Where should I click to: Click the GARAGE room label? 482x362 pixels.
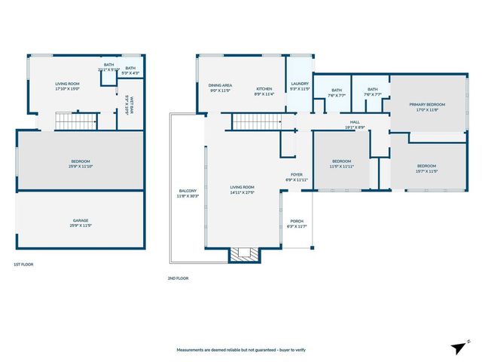(x=81, y=223)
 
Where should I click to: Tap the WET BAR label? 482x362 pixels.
(x=131, y=105)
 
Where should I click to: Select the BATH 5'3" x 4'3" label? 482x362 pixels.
(x=131, y=70)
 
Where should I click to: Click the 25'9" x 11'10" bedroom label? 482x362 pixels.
(x=81, y=164)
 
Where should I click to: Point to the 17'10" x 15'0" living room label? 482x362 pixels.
(x=68, y=87)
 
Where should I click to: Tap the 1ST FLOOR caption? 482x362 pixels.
(x=23, y=265)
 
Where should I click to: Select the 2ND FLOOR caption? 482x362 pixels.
(x=178, y=278)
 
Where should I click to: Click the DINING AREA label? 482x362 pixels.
(x=220, y=88)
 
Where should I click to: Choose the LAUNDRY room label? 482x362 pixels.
(x=300, y=86)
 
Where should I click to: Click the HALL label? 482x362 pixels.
(x=355, y=124)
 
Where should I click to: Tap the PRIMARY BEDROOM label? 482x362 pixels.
(x=427, y=106)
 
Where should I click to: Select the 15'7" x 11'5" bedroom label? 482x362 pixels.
(x=426, y=168)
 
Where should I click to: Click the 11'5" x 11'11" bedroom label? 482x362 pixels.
(x=341, y=163)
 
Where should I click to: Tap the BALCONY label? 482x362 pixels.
(x=188, y=193)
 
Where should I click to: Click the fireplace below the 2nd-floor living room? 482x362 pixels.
(x=243, y=255)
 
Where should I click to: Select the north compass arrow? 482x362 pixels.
(x=459, y=347)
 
